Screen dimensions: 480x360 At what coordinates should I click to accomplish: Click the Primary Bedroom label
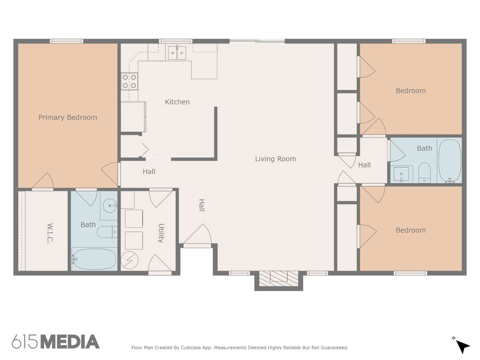click(68, 117)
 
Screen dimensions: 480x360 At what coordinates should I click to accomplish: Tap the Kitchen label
click(177, 102)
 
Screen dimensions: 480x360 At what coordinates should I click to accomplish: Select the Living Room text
click(276, 159)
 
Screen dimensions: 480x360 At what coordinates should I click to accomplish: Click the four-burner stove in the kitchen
click(129, 81)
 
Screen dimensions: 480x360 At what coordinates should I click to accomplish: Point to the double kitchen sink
click(177, 53)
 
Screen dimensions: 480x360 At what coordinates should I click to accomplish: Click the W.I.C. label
click(50, 233)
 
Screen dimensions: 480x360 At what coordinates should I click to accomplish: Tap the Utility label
click(161, 233)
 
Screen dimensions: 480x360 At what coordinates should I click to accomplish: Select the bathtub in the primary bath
click(94, 259)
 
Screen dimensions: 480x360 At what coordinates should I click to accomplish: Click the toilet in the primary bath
click(107, 232)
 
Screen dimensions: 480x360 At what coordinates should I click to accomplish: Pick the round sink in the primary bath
click(110, 206)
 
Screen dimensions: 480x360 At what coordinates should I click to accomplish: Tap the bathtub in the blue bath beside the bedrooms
click(450, 161)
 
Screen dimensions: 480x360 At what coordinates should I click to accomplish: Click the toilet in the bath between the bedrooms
click(424, 173)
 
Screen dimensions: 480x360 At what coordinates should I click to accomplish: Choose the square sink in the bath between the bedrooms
click(401, 174)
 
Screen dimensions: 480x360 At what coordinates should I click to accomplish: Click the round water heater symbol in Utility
click(130, 260)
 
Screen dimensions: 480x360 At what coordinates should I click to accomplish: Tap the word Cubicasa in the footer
click(191, 348)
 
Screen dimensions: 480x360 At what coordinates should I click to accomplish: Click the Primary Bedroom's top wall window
click(66, 41)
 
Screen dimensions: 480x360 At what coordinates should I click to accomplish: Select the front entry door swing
click(198, 236)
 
